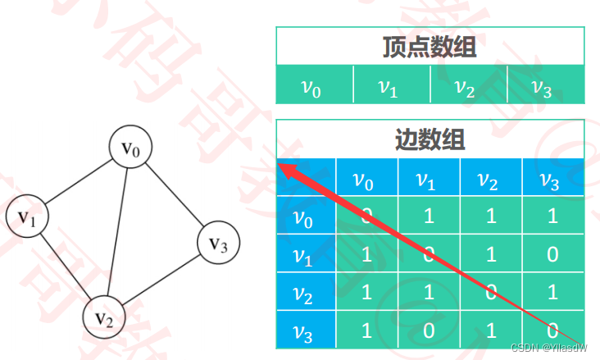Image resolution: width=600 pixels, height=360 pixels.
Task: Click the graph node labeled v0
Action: (131, 148)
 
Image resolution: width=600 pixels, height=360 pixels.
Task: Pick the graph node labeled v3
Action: (218, 243)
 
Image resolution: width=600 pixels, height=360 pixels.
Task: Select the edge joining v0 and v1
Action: (79, 183)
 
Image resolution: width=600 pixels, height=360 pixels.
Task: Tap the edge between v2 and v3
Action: (162, 279)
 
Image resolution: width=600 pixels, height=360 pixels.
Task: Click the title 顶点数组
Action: (430, 48)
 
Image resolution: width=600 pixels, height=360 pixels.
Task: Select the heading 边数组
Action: (430, 139)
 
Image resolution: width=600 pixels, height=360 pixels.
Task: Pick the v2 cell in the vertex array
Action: (468, 85)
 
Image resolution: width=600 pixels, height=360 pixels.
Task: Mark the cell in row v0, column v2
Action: (491, 216)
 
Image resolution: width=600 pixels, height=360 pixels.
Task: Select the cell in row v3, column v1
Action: (429, 331)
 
